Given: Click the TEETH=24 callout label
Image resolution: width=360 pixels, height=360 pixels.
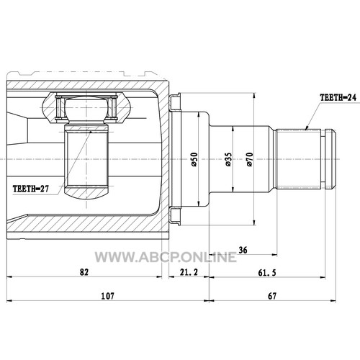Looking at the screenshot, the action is (x=338, y=97).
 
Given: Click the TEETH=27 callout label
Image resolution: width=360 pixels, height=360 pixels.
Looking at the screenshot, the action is (x=31, y=189).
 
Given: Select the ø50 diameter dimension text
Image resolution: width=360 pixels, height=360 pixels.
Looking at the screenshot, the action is (x=194, y=159).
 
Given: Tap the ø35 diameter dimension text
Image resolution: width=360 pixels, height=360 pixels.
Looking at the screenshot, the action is (x=228, y=159).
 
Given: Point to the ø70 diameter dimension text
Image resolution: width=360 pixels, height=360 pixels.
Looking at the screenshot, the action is (x=250, y=159).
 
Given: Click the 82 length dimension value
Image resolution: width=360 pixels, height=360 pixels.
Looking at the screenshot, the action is (x=84, y=272).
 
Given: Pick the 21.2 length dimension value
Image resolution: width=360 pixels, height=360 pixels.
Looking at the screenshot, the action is (x=189, y=272).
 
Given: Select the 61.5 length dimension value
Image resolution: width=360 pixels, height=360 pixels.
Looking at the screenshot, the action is (x=267, y=273).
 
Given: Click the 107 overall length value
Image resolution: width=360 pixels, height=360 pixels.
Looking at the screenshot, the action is (x=107, y=296).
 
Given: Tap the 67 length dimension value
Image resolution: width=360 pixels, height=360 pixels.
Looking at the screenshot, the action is (x=272, y=296).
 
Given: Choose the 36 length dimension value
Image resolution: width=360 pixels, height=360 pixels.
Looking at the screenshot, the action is (x=243, y=250).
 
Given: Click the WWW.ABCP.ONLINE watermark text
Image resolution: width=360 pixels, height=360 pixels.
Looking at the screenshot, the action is (x=166, y=257).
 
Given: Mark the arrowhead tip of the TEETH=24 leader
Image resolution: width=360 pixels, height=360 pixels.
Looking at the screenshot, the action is (x=305, y=130).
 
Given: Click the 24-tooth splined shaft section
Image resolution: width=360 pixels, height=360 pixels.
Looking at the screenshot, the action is (x=298, y=159).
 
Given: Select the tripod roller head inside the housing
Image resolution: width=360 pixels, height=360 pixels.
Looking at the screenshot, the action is (x=86, y=109).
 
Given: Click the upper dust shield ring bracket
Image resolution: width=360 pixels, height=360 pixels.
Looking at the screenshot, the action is (x=175, y=102).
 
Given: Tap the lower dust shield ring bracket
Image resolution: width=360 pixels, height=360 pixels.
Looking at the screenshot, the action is (x=175, y=216).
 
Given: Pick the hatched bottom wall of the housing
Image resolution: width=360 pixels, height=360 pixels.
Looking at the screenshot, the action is (x=86, y=224).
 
